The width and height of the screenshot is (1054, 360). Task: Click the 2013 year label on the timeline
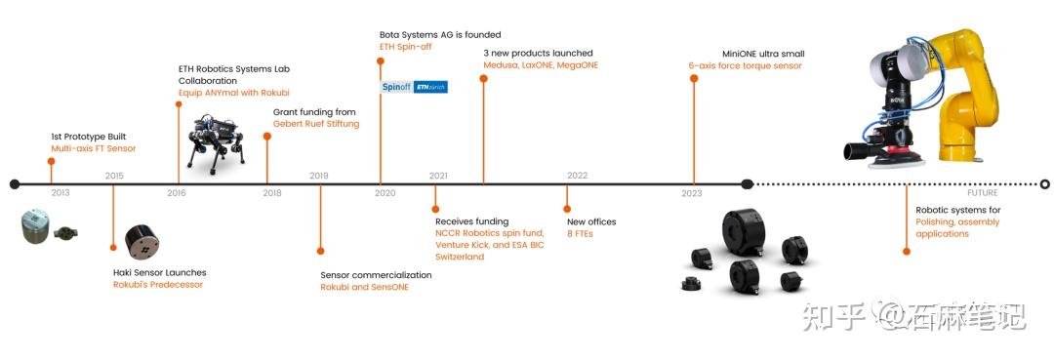(61, 193)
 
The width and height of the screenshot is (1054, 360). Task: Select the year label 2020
(385, 193)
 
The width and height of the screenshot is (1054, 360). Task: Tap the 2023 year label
(692, 193)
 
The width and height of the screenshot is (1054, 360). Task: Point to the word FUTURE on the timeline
(983, 193)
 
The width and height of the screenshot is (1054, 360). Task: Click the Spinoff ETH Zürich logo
(414, 87)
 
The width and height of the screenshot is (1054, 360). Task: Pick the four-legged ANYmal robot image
(216, 141)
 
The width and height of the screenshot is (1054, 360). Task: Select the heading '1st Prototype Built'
(89, 137)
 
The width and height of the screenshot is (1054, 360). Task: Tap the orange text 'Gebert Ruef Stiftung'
(316, 124)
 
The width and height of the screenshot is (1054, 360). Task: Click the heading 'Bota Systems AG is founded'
(440, 34)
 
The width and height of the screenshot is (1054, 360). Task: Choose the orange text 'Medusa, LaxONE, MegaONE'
(541, 65)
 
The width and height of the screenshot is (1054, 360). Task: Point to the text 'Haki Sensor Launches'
(160, 273)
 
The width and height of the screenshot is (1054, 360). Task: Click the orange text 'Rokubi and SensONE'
(364, 287)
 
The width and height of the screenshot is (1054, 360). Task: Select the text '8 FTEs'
(580, 234)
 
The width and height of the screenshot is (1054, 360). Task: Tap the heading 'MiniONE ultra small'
(763, 54)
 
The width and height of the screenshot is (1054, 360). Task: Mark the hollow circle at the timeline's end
(1044, 184)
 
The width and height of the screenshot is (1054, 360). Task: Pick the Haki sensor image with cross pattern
(142, 242)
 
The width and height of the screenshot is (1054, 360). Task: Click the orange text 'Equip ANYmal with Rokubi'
(234, 92)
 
